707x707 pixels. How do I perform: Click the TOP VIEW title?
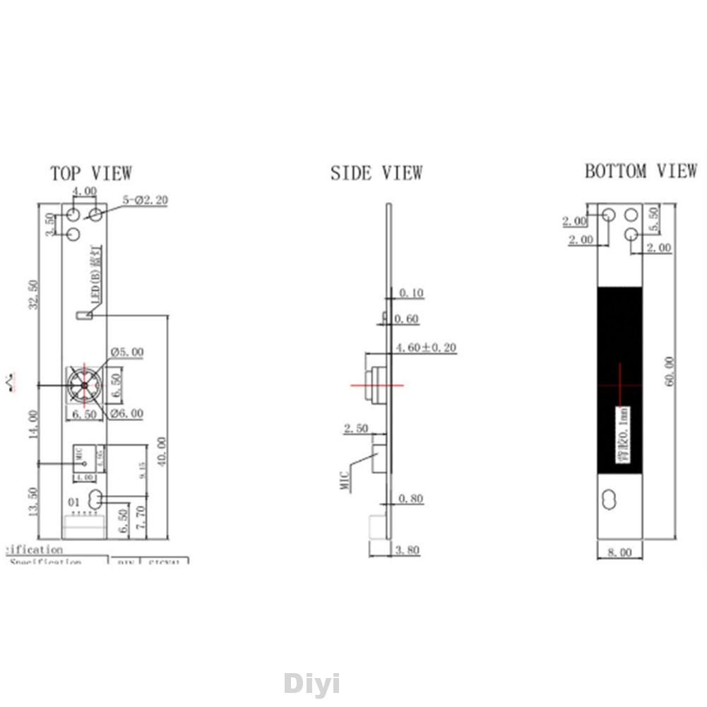click(x=90, y=173)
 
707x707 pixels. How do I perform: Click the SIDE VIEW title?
click(x=376, y=173)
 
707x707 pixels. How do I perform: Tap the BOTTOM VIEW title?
click(x=640, y=171)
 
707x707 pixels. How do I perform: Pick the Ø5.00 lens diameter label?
click(x=127, y=352)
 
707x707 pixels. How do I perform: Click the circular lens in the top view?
click(x=84, y=385)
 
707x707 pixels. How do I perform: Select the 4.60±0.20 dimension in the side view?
click(x=426, y=347)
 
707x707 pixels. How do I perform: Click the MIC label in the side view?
click(x=345, y=482)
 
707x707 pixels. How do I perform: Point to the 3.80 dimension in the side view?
click(x=408, y=550)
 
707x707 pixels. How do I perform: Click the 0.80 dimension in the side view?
click(x=410, y=499)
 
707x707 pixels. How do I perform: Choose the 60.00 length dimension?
click(x=669, y=371)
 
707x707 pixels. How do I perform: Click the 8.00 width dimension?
click(x=619, y=552)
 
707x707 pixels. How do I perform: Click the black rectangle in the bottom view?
click(x=619, y=353)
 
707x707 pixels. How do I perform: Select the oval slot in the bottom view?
click(x=608, y=499)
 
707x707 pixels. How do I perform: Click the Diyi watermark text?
click(x=311, y=683)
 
